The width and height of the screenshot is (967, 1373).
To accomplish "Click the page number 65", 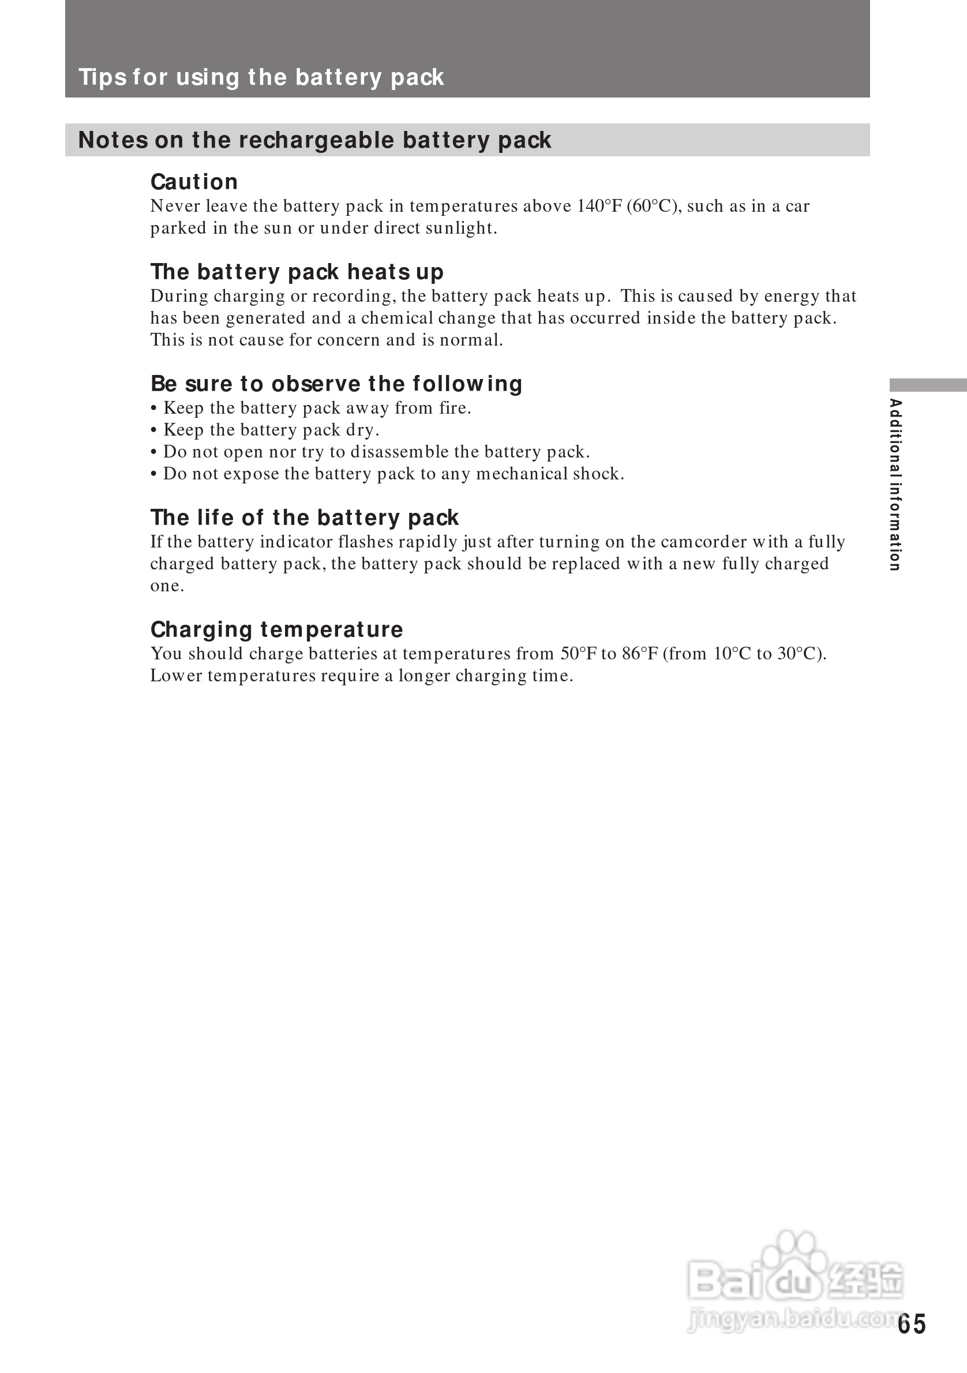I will click(x=912, y=1324).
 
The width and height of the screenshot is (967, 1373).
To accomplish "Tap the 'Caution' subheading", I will click(x=194, y=182).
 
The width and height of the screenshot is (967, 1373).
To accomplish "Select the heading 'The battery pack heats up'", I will click(x=297, y=272).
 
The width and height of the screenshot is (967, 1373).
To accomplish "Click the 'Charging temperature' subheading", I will click(x=276, y=630).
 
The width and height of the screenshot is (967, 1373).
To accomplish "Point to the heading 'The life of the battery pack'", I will click(x=305, y=517).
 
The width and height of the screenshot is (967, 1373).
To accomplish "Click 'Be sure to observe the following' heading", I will click(x=336, y=384).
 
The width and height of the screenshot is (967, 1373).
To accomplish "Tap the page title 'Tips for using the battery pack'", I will click(x=261, y=77).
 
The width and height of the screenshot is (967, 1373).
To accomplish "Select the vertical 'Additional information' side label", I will click(x=895, y=485).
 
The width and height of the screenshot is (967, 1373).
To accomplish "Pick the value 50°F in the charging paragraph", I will click(x=578, y=654).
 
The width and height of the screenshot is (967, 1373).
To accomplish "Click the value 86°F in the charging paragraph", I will click(x=639, y=654).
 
